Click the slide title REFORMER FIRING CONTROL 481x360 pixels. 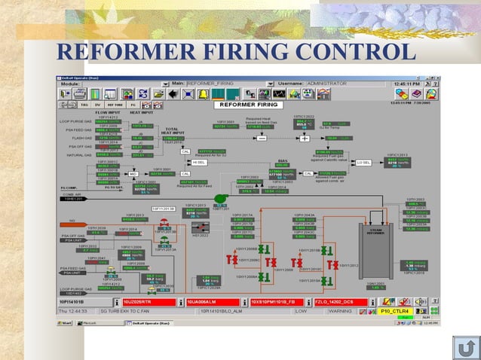tap(236, 52)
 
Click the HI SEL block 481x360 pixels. tap(199, 162)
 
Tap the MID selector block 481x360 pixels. tap(133, 173)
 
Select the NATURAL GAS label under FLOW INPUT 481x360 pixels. tap(78, 154)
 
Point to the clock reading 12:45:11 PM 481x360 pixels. tap(412, 83)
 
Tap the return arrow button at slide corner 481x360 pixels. tap(466, 347)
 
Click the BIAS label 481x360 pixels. tap(283, 160)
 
